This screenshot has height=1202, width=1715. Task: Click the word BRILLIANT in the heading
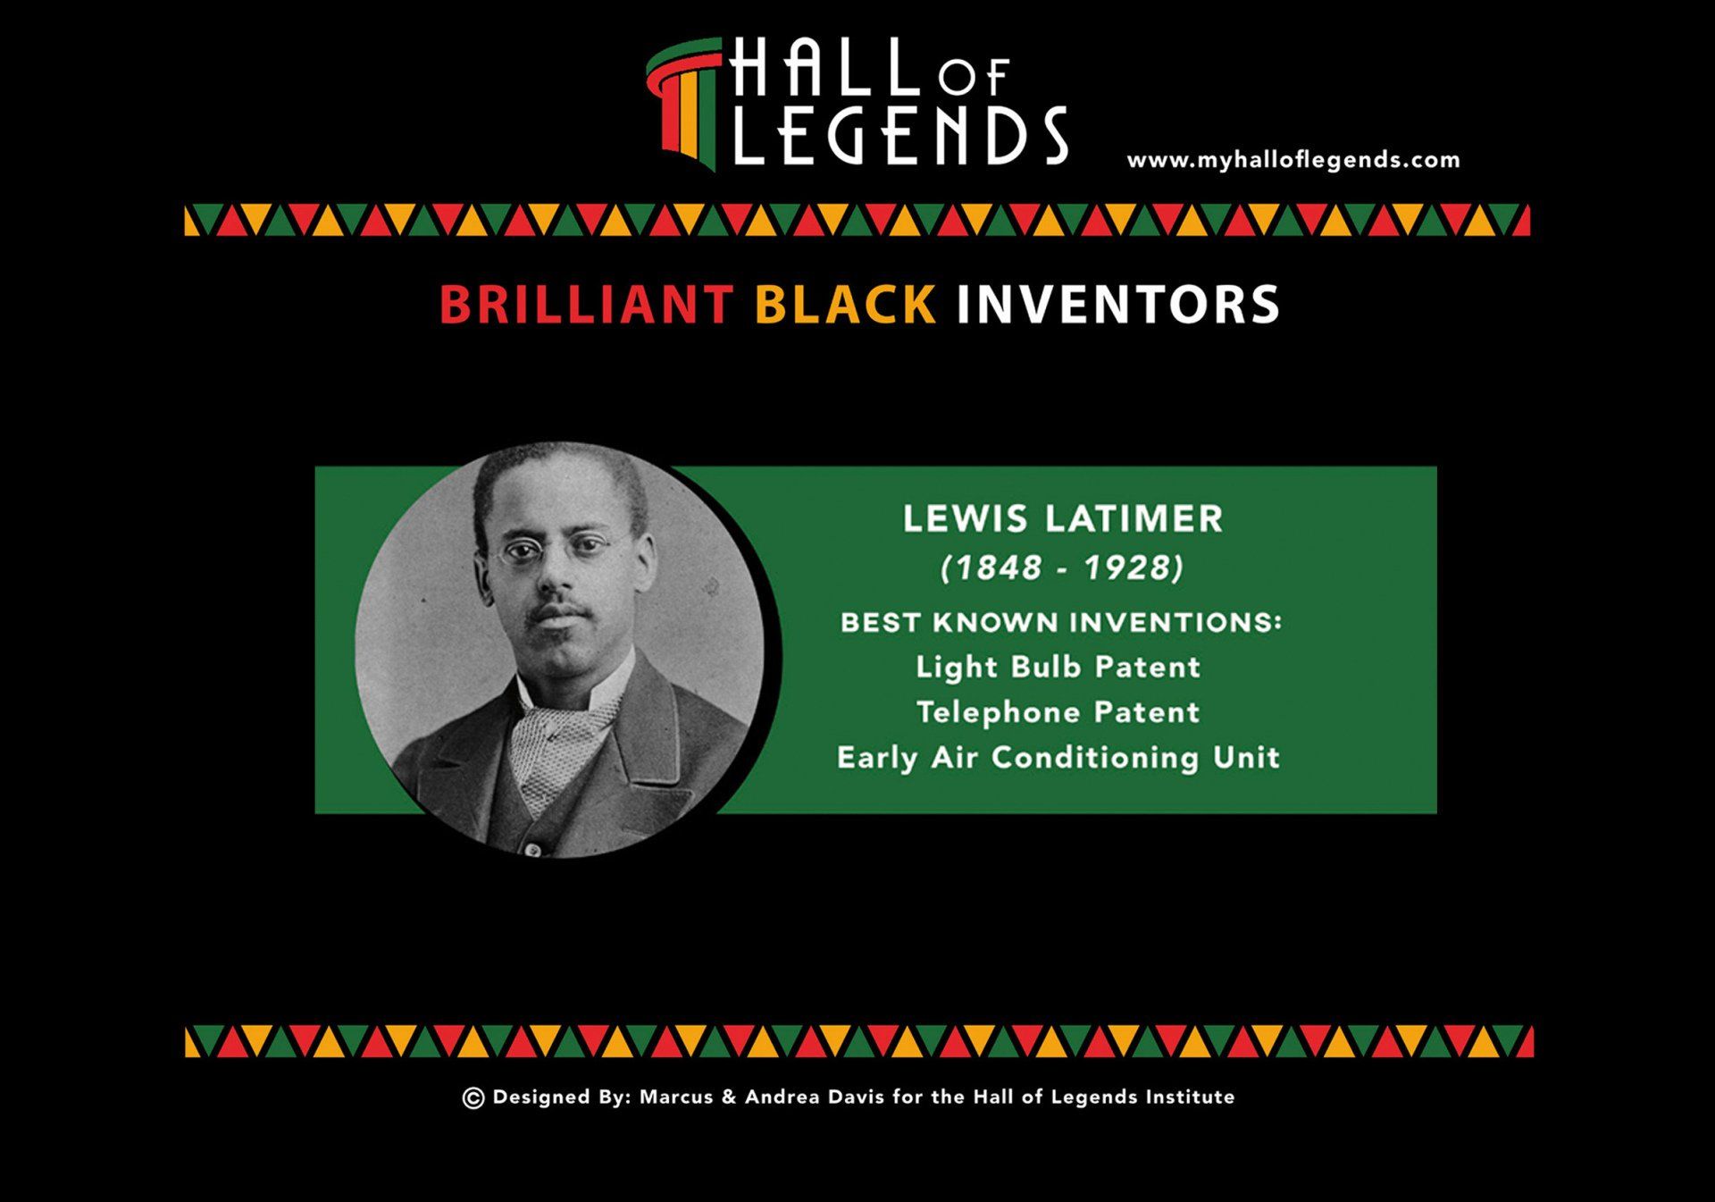586,305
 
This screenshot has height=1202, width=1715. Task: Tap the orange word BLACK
845,305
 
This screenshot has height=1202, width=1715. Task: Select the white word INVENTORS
1118,305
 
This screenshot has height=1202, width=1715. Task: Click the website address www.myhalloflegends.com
1293,161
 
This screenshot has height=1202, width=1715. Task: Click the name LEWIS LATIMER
1062,519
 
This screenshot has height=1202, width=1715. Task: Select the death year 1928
1128,567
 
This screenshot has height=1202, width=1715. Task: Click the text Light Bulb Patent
1058,668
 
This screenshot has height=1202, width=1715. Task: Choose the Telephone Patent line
1058,712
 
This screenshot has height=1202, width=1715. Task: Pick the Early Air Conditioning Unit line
1058,758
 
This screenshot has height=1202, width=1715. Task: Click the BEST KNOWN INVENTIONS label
1061,622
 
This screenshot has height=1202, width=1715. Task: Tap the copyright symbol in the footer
473,1098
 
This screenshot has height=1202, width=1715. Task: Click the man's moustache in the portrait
558,613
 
